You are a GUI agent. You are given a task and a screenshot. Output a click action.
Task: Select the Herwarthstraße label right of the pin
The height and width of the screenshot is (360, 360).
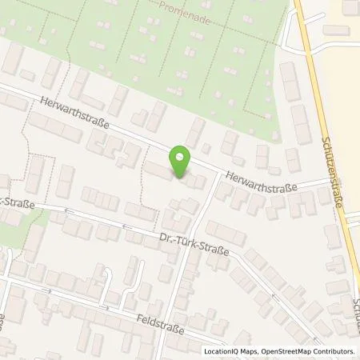261,182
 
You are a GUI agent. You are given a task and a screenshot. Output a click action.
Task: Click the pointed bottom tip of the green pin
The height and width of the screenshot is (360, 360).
180,177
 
